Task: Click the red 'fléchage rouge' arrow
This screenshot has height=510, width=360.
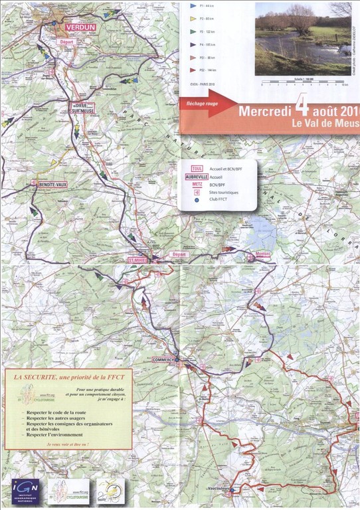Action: pyautogui.click(x=206, y=105)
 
